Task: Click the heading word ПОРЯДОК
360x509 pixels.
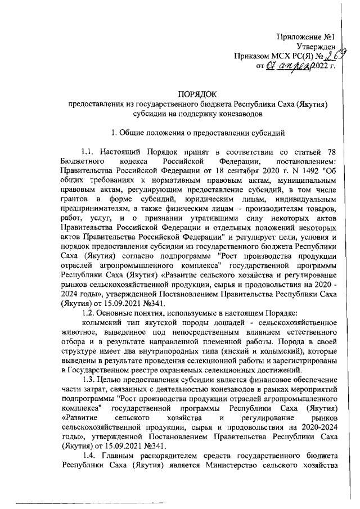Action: [197, 95]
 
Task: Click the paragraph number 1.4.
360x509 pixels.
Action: [89, 457]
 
